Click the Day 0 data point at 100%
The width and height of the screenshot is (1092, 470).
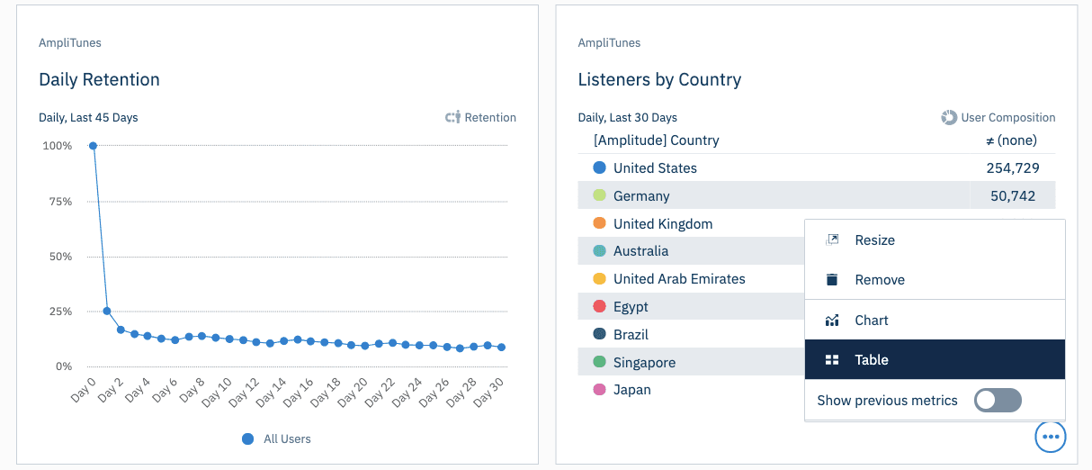coord(93,146)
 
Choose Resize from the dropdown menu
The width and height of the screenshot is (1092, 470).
coord(874,240)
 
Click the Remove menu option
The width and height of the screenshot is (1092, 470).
coord(879,280)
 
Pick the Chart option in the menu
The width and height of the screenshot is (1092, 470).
coord(871,321)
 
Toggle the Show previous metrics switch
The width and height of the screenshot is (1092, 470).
coord(998,401)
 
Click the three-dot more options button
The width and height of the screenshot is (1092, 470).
coord(1051,437)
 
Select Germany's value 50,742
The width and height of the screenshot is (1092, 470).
coord(1012,196)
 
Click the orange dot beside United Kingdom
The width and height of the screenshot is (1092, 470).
coord(600,223)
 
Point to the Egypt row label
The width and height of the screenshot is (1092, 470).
coord(631,307)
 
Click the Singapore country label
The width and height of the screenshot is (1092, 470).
coord(644,363)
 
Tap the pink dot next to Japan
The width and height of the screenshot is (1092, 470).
coord(600,390)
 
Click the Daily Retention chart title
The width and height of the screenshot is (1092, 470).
coord(99,79)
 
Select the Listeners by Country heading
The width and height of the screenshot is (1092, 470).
coord(659,79)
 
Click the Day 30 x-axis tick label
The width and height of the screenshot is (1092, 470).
coord(488,393)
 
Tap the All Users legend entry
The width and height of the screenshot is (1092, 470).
coord(286,439)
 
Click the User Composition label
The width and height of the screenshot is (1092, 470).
coord(1007,117)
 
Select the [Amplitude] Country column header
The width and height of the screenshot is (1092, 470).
coord(656,140)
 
